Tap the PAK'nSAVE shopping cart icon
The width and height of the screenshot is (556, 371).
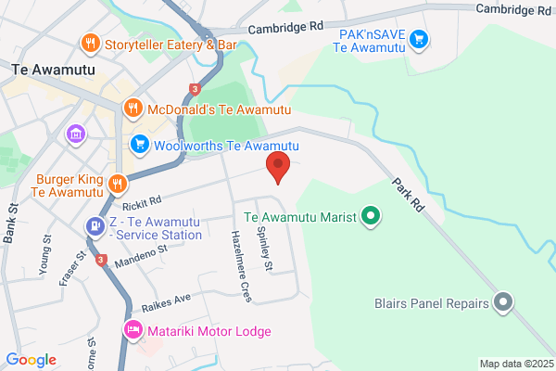click(420, 39)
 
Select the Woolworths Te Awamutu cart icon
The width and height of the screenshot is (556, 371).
click(140, 144)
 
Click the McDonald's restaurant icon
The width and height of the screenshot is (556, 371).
click(133, 107)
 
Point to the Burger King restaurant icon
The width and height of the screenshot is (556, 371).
click(117, 183)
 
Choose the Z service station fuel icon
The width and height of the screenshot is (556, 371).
click(94, 225)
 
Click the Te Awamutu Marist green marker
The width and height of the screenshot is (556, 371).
click(371, 218)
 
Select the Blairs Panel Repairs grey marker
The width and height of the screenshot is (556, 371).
click(503, 302)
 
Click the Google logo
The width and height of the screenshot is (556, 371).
click(31, 359)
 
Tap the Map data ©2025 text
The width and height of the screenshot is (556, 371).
click(515, 363)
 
